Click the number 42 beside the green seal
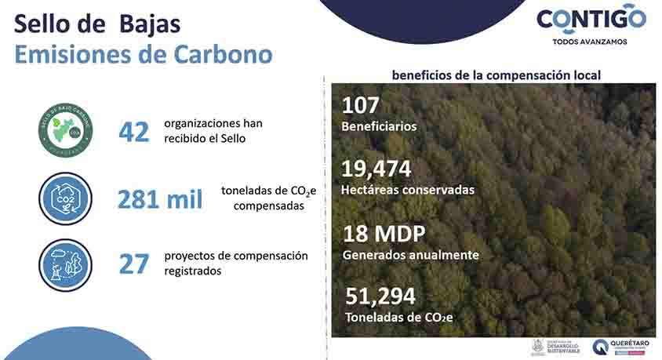[133, 132]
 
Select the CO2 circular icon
[65, 198]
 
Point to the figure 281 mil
[160, 199]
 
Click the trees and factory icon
[65, 264]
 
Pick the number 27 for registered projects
[133, 264]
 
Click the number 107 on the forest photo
[361, 104]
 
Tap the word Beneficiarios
[379, 125]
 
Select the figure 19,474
[376, 169]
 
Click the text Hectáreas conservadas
[408, 190]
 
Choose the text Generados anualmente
[411, 255]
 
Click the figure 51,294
[380, 296]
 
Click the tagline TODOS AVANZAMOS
[590, 42]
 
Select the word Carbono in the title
[223, 54]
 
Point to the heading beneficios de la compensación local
[497, 75]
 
